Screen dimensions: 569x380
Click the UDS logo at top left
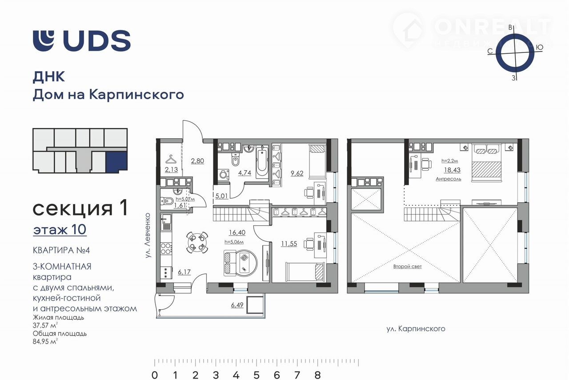coord(81,40)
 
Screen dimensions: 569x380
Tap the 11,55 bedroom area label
coord(289,244)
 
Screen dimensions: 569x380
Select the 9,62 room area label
coord(297,173)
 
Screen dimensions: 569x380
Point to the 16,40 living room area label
coord(237,232)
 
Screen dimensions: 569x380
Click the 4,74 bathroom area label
coord(244,173)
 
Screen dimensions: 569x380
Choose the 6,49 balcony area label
coord(237,305)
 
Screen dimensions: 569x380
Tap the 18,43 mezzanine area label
coord(452,170)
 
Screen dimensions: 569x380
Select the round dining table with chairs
coord(197,242)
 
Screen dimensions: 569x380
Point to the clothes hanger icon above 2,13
coord(171,159)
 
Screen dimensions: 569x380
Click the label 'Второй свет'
coord(408,267)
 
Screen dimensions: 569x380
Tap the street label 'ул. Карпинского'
coord(416,329)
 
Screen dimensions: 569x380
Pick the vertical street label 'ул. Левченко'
coord(148,236)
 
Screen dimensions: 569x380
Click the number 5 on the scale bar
coord(256,375)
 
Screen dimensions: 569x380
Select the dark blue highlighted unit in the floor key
coord(116,161)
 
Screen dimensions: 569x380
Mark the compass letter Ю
coord(539,48)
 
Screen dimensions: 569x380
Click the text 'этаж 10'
coord(60,229)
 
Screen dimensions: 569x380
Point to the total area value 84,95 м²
coord(45,341)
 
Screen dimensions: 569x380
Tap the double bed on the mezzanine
coord(487,163)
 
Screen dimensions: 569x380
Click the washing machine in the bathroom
coord(224,175)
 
